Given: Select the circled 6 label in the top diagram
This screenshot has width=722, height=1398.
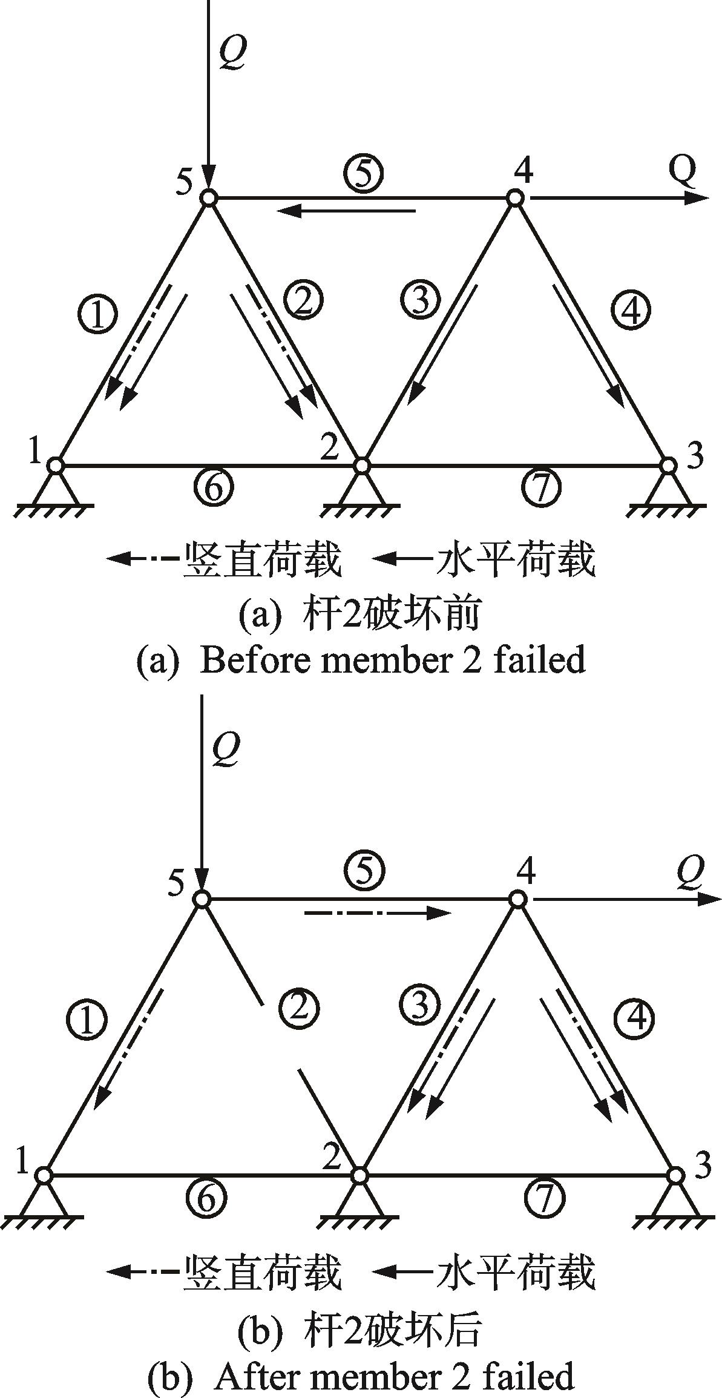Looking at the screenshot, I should pos(214,486).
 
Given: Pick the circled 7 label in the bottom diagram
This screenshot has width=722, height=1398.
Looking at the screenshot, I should pos(545,1198).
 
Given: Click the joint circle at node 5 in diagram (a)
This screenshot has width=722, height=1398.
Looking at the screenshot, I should pos(209,197).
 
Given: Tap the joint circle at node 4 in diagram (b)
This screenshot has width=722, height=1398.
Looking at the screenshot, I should pos(516,899).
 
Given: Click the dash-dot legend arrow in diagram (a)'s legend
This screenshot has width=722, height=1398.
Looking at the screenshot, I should pos(144,558).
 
